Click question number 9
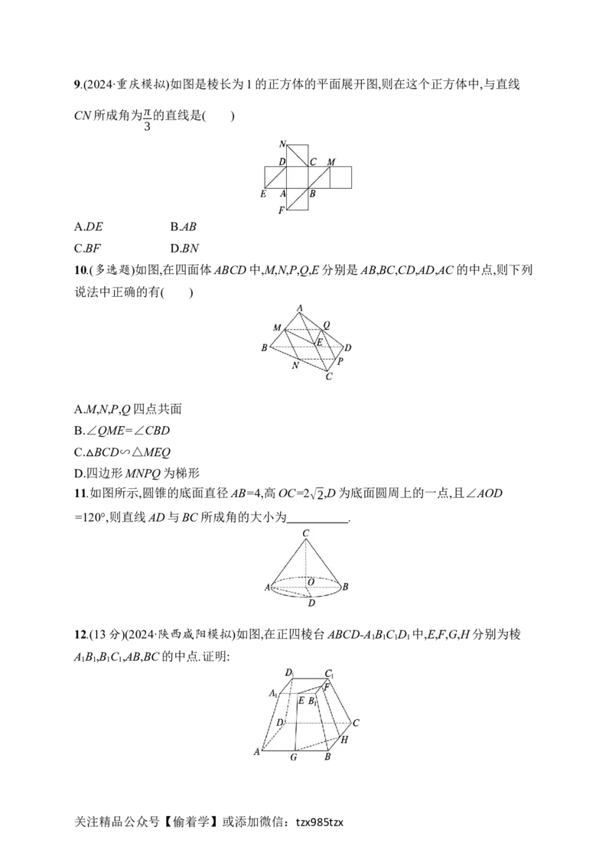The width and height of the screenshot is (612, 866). pos(77,85)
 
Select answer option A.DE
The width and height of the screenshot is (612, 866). pos(89,227)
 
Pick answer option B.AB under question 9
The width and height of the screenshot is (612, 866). pos(184,227)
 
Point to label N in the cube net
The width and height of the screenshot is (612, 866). pos(282,144)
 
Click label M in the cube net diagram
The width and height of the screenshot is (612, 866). pos(330,162)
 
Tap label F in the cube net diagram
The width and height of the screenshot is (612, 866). pos(282,210)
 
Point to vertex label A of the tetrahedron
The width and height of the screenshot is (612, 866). pos(299,308)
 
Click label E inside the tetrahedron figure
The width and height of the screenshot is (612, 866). pos(319,343)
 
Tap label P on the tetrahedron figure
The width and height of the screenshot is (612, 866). pos(340,361)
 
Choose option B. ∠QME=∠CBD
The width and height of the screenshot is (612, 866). pos(122,431)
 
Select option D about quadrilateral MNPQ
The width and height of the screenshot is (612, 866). pos(137,474)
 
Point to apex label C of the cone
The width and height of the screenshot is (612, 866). pos(305,533)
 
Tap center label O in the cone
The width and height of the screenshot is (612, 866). pos(311,582)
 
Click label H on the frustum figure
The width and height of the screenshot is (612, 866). pos(344,740)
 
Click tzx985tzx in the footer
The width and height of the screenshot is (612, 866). pos(319,822)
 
